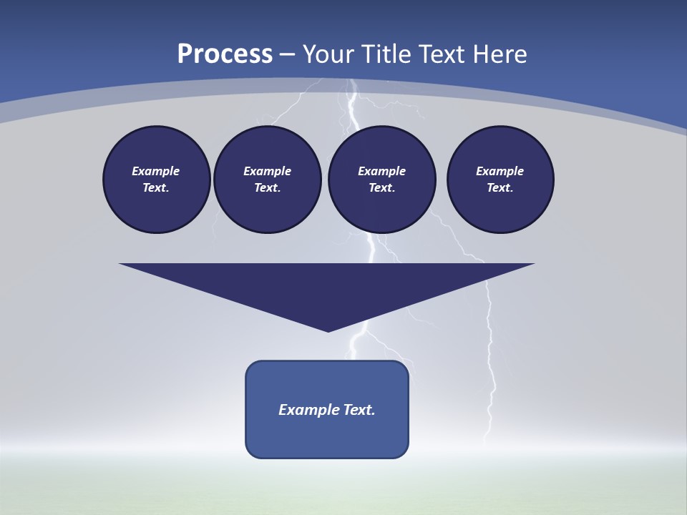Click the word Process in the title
225,54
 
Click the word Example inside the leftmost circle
156,171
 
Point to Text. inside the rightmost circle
500,187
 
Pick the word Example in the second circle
267,171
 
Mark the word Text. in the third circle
381,187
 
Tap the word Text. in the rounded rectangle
359,410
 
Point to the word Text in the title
442,54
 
